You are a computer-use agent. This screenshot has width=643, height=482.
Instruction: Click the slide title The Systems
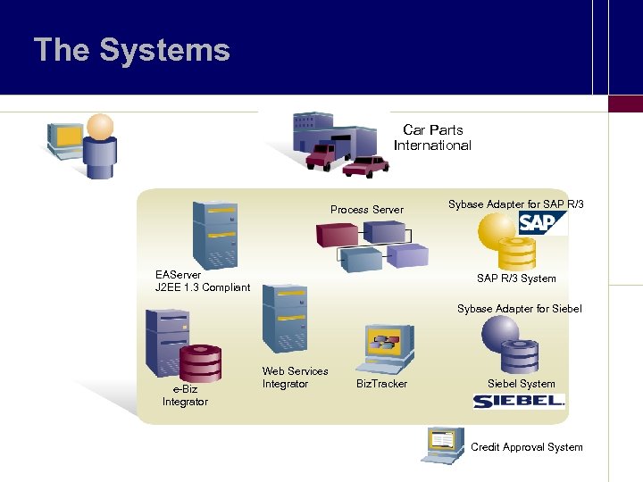pyautogui.click(x=131, y=50)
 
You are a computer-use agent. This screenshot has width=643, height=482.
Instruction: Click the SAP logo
pyautogui.click(x=542, y=222)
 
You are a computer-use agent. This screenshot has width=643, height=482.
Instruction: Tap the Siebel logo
pyautogui.click(x=518, y=401)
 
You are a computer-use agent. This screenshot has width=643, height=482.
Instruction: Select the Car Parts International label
pyautogui.click(x=432, y=137)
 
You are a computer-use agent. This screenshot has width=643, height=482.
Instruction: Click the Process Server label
pyautogui.click(x=366, y=210)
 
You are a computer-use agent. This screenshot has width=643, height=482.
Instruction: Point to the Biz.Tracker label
pyautogui.click(x=381, y=384)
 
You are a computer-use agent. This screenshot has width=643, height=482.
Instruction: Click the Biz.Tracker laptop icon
pyautogui.click(x=384, y=348)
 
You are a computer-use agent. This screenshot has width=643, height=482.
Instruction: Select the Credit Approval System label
pyautogui.click(x=526, y=447)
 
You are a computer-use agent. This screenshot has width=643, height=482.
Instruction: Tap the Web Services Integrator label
pyautogui.click(x=295, y=378)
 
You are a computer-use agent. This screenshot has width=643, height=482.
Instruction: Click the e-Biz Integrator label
pyautogui.click(x=185, y=395)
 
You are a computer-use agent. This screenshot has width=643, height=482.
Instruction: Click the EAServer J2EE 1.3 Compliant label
pyautogui.click(x=202, y=281)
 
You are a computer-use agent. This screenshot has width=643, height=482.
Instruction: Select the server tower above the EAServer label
pyautogui.click(x=215, y=231)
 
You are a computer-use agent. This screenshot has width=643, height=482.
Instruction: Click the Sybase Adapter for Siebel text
pyautogui.click(x=519, y=309)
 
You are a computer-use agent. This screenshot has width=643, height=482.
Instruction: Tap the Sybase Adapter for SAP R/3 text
pyautogui.click(x=515, y=204)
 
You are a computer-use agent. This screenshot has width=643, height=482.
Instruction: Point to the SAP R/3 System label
pyautogui.click(x=515, y=278)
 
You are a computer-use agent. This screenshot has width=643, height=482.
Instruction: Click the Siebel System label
pyautogui.click(x=521, y=384)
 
